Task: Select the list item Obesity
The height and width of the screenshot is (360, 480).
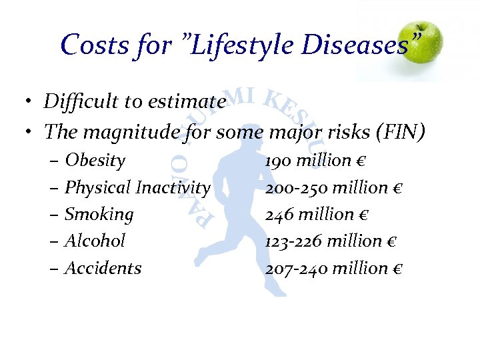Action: point(95,161)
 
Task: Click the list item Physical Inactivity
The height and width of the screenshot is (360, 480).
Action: point(137,188)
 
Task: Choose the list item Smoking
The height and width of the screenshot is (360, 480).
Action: point(99,215)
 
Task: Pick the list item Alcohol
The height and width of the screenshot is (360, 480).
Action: point(95,241)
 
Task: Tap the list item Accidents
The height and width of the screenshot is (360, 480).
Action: point(103,268)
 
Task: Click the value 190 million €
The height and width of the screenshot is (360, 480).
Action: point(317,161)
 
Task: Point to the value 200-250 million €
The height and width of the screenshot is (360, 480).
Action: point(334,188)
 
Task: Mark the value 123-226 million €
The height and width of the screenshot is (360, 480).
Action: point(333,241)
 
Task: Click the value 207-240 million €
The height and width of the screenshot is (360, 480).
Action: point(334,268)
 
